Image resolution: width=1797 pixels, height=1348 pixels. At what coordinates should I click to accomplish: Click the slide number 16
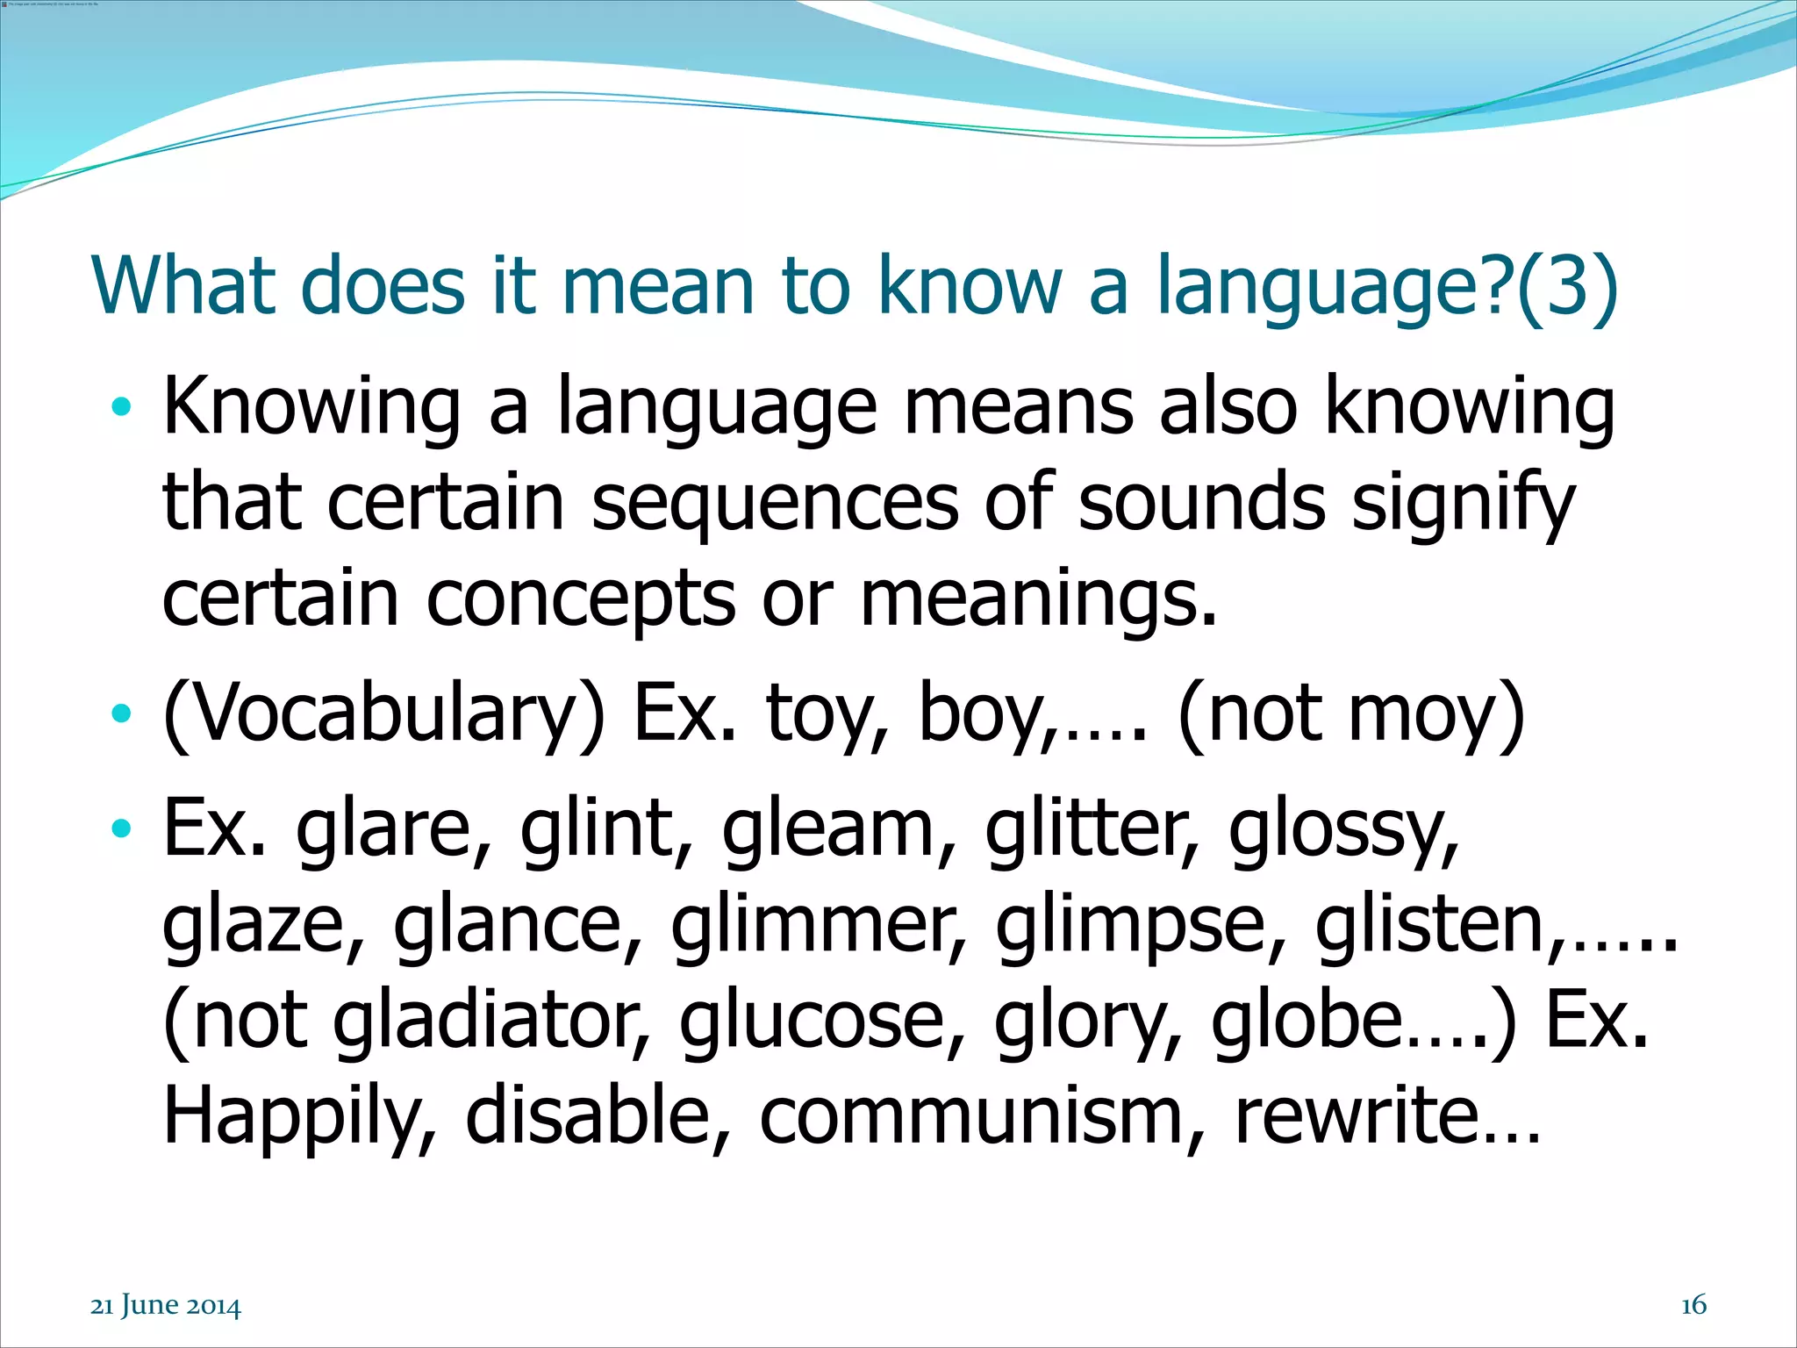1693,1305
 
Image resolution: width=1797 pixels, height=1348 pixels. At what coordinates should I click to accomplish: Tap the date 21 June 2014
165,1306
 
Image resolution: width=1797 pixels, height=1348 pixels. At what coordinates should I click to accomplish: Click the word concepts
580,600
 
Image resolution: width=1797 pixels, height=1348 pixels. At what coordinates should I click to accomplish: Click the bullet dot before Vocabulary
121,713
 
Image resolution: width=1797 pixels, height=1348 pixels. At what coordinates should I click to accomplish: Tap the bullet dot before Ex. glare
121,827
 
